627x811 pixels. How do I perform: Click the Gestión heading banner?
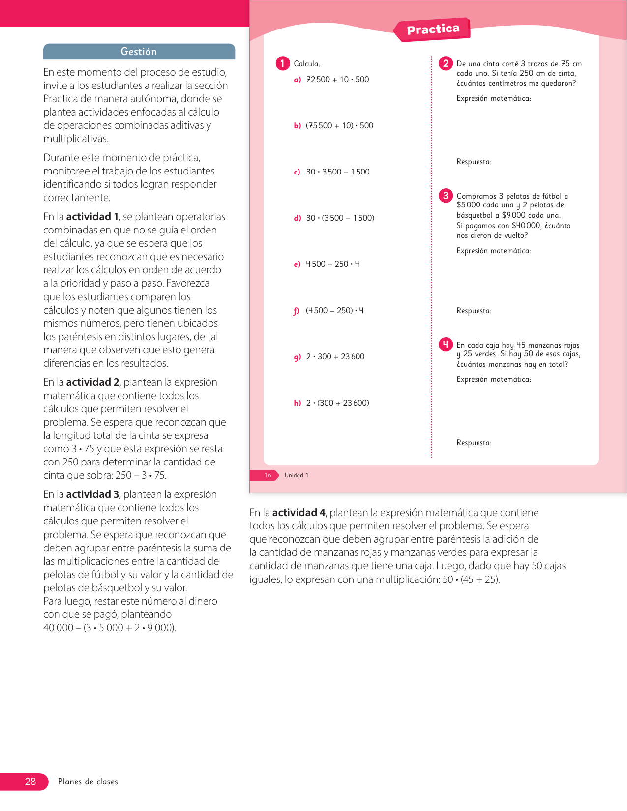pyautogui.click(x=139, y=52)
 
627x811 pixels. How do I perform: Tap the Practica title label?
pyautogui.click(x=433, y=29)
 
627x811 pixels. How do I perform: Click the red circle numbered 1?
pyautogui.click(x=283, y=63)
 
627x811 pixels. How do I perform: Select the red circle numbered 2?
pyautogui.click(x=446, y=63)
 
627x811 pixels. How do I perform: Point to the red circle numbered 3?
pyautogui.click(x=446, y=196)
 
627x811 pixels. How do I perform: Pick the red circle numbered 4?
pyautogui.click(x=446, y=345)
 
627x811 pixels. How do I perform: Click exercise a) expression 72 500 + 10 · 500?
pyautogui.click(x=337, y=80)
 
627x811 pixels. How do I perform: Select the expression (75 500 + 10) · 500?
pyautogui.click(x=339, y=126)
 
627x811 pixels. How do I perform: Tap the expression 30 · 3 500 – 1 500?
pyautogui.click(x=338, y=172)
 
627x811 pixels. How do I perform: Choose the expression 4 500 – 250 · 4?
pyautogui.click(x=332, y=264)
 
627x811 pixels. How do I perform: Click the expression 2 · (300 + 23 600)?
pyautogui.click(x=337, y=403)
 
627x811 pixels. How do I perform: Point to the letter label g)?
pyautogui.click(x=297, y=357)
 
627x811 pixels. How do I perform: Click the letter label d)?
pyautogui.click(x=297, y=218)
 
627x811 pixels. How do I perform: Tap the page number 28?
pyautogui.click(x=30, y=782)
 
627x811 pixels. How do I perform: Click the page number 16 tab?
pyautogui.click(x=268, y=475)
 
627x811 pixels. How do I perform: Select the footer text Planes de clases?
pyautogui.click(x=88, y=782)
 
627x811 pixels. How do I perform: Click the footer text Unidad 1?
pyautogui.click(x=297, y=475)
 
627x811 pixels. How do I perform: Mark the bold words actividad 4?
pyautogui.click(x=299, y=513)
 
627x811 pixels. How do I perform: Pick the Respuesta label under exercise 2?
pyautogui.click(x=474, y=162)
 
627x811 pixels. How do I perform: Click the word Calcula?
pyautogui.click(x=307, y=64)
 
